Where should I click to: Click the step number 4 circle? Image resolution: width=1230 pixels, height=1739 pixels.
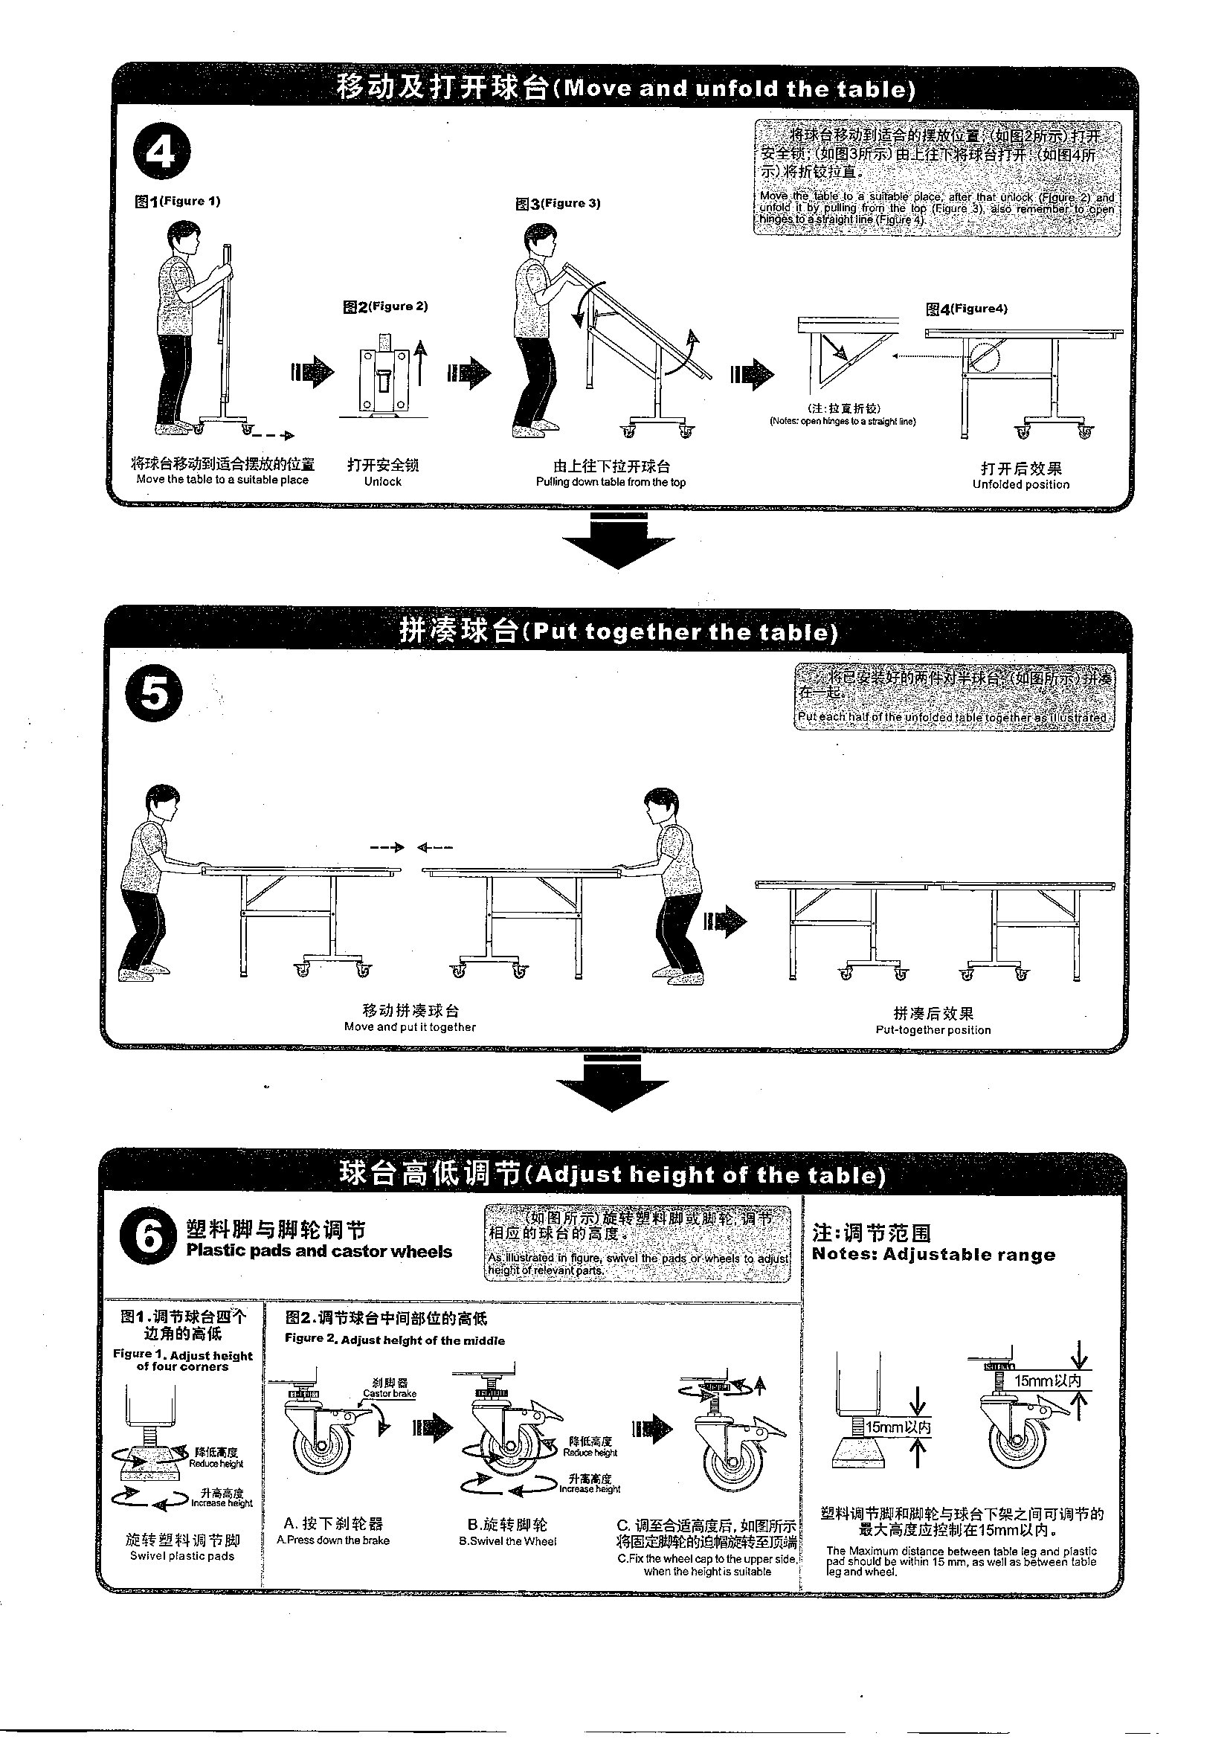[x=161, y=151]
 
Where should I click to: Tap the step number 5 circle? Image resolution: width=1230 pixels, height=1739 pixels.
[x=154, y=694]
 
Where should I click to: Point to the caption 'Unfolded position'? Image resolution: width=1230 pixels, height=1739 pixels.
[x=1020, y=485]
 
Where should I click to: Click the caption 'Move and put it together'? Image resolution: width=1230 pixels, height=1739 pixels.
[x=410, y=1027]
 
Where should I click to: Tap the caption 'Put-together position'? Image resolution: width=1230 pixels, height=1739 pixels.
[x=933, y=1030]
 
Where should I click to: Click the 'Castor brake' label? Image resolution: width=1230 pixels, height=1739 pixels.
[x=389, y=1393]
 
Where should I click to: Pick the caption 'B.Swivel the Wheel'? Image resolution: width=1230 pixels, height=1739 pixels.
[x=506, y=1540]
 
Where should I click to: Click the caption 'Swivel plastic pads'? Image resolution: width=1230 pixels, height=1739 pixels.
[x=181, y=1556]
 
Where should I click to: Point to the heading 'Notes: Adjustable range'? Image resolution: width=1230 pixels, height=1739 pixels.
[x=933, y=1254]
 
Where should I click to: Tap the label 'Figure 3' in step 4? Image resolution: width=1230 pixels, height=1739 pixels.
[x=558, y=203]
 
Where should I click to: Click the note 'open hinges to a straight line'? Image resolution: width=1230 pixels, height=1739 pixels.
[x=843, y=422]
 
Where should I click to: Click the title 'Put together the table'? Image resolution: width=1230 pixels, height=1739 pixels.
[x=618, y=631]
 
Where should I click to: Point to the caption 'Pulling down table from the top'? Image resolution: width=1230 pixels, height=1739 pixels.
[x=611, y=483]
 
